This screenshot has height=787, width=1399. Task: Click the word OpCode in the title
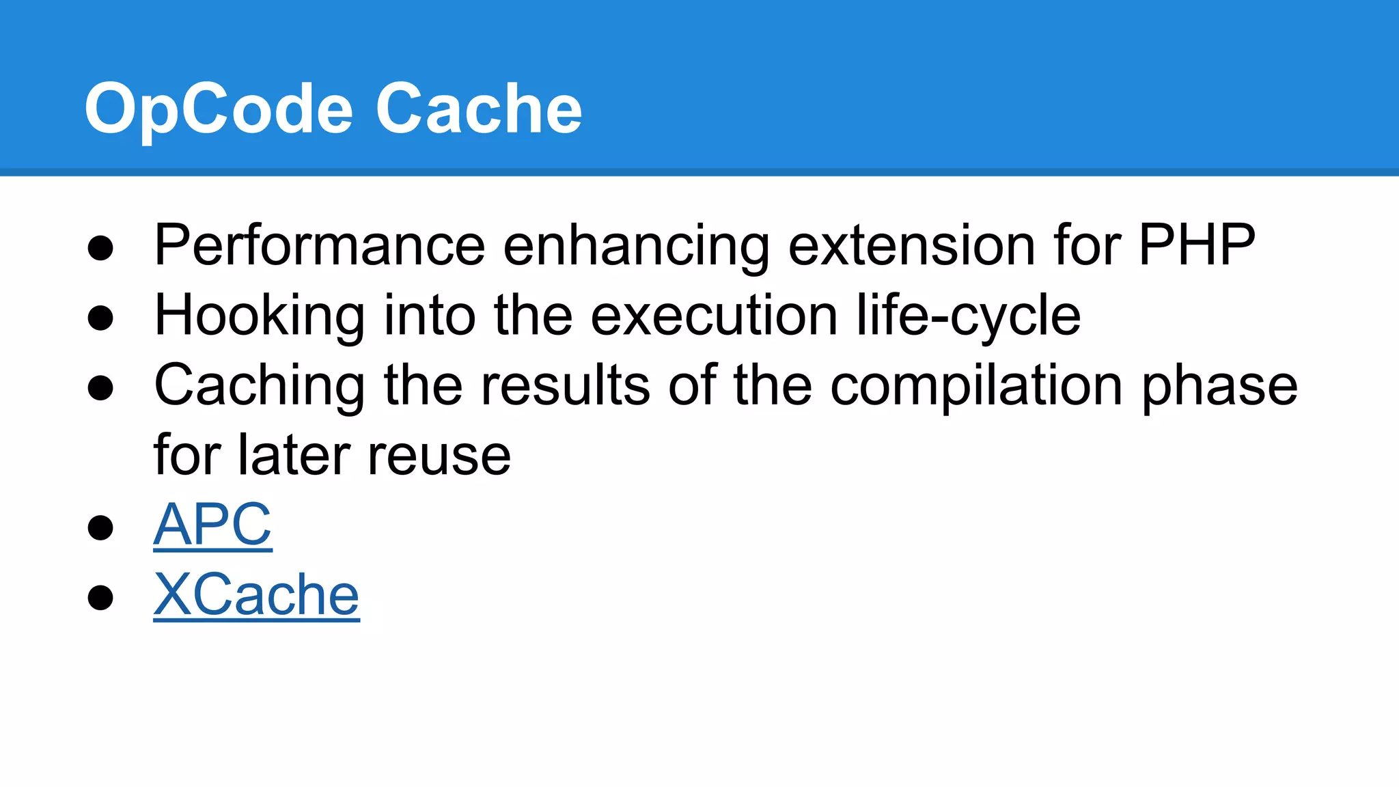pos(219,109)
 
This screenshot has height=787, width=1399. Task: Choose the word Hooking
pos(260,316)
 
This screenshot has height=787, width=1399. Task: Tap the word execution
pos(714,316)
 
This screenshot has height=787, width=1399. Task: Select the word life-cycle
pos(968,316)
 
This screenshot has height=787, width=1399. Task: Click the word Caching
pos(260,386)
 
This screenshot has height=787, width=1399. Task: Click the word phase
pos(1220,386)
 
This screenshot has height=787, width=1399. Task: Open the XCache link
pos(256,595)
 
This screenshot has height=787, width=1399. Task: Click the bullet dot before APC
pos(100,527)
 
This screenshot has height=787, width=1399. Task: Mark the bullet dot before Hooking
pos(100,318)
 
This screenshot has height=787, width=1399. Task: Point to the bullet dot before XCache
pos(100,597)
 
